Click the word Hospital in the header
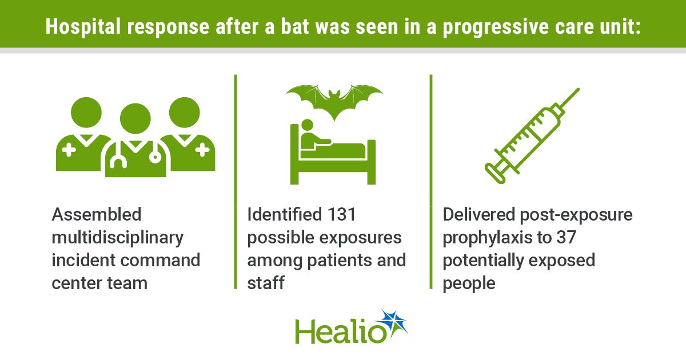(x=83, y=27)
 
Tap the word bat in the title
(x=294, y=26)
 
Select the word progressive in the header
(x=496, y=27)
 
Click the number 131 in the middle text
(x=341, y=214)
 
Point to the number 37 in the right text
(x=567, y=237)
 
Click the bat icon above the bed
(x=334, y=102)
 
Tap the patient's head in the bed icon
(x=307, y=125)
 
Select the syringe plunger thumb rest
(x=494, y=174)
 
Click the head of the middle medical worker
(x=135, y=118)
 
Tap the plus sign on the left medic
(x=69, y=150)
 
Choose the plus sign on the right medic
(x=202, y=150)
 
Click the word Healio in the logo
(x=341, y=332)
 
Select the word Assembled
(x=97, y=214)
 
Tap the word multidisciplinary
(x=118, y=238)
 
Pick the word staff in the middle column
(x=266, y=283)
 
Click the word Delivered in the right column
(x=478, y=214)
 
